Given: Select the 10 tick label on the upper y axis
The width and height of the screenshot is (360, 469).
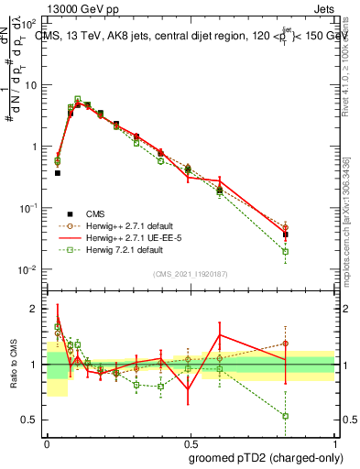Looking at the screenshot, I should tap(30, 85).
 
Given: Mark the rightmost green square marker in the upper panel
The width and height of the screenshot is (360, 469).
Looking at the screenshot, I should tap(286, 252).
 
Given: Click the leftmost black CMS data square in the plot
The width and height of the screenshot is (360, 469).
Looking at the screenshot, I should tap(57, 172).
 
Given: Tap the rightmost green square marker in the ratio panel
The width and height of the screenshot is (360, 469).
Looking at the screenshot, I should tap(286, 416).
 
